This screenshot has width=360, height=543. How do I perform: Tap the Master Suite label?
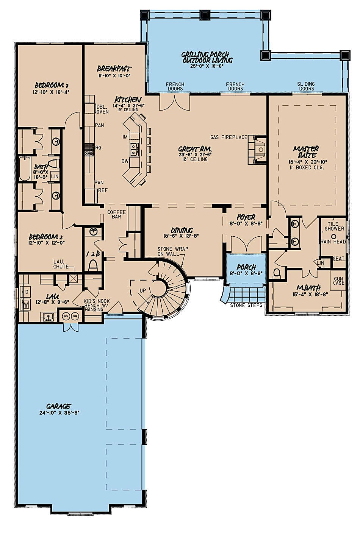(x=306, y=152)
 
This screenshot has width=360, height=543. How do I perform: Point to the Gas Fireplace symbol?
(x=260, y=149)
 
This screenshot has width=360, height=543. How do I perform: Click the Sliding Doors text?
(x=306, y=86)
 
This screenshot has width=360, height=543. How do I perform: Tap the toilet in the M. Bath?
(x=277, y=273)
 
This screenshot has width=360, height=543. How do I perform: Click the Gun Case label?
(x=338, y=281)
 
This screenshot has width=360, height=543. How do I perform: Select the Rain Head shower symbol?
(x=333, y=236)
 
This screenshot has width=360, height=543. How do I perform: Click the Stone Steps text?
(x=246, y=305)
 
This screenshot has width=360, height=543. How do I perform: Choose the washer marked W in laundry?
(x=27, y=304)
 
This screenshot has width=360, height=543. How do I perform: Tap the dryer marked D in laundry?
(x=27, y=292)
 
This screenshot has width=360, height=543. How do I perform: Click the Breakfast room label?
(x=114, y=69)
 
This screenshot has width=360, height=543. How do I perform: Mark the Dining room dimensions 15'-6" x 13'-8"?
(x=182, y=235)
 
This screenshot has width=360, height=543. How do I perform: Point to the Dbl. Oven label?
(x=102, y=109)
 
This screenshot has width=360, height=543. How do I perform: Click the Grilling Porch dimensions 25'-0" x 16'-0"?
(x=207, y=66)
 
